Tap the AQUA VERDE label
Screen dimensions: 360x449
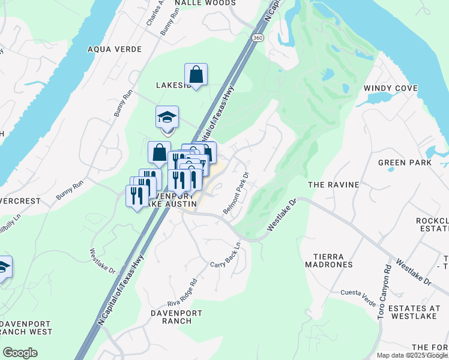(115, 49)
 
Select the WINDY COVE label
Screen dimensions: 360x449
(390, 88)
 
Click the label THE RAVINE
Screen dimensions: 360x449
(333, 185)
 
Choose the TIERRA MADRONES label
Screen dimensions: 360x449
(328, 260)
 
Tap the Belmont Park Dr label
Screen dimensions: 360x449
(236, 194)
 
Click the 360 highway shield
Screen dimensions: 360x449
(258, 38)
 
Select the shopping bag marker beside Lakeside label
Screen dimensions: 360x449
(196, 75)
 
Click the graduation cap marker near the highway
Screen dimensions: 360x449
(167, 116)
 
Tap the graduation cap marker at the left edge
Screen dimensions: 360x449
(3, 266)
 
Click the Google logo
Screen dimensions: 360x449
(20, 353)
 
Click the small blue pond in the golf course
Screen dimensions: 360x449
(328, 75)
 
